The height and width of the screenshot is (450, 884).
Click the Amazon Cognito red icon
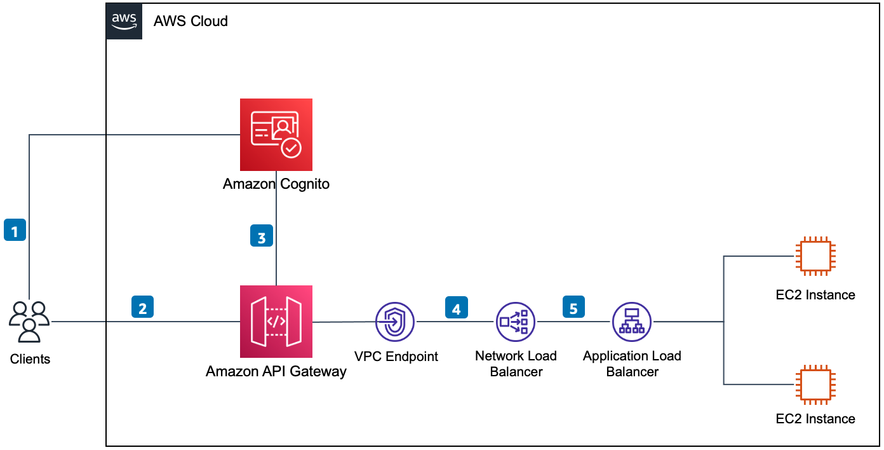coord(276,135)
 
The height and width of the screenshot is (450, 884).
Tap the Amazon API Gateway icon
coord(276,322)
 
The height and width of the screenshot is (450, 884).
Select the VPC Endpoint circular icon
coord(394,322)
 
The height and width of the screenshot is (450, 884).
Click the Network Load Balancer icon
coord(516,322)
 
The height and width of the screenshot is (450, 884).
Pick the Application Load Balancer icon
coord(632,322)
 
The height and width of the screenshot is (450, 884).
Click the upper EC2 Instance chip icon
coord(815,256)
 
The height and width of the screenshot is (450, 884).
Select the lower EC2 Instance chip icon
coord(815,384)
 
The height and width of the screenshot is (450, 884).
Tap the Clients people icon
coord(29,322)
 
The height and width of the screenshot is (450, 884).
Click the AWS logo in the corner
coord(124,21)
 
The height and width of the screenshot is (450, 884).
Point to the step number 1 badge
coord(15,229)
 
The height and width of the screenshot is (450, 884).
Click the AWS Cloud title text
coord(191,21)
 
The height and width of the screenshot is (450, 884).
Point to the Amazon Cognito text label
coord(276,184)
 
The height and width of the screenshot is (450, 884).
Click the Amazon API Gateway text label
coord(276,372)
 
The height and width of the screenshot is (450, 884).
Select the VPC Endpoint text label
coord(396,357)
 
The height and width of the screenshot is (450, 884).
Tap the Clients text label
coord(30,359)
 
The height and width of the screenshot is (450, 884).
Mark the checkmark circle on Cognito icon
coord(291,148)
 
